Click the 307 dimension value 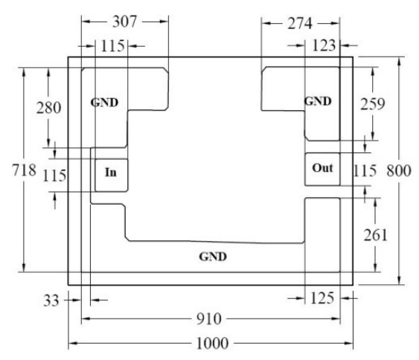pos(124,22)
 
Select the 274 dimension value pos(300,24)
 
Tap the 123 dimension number pos(324,45)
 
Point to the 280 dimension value pos(48,108)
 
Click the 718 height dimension pos(24,170)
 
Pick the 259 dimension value pos(373,104)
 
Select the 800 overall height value pos(399,171)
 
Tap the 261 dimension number pos(375,235)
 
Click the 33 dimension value pos(51,300)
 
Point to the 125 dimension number pos(322,298)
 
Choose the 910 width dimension pos(209,319)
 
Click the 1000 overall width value pos(212,343)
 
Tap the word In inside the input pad pos(111,173)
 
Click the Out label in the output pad pos(322,168)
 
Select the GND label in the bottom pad pos(213,257)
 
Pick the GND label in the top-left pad pos(104,103)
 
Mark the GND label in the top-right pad pos(318,101)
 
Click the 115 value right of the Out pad pos(365,171)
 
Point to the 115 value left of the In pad pos(54,176)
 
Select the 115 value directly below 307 pos(113,46)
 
